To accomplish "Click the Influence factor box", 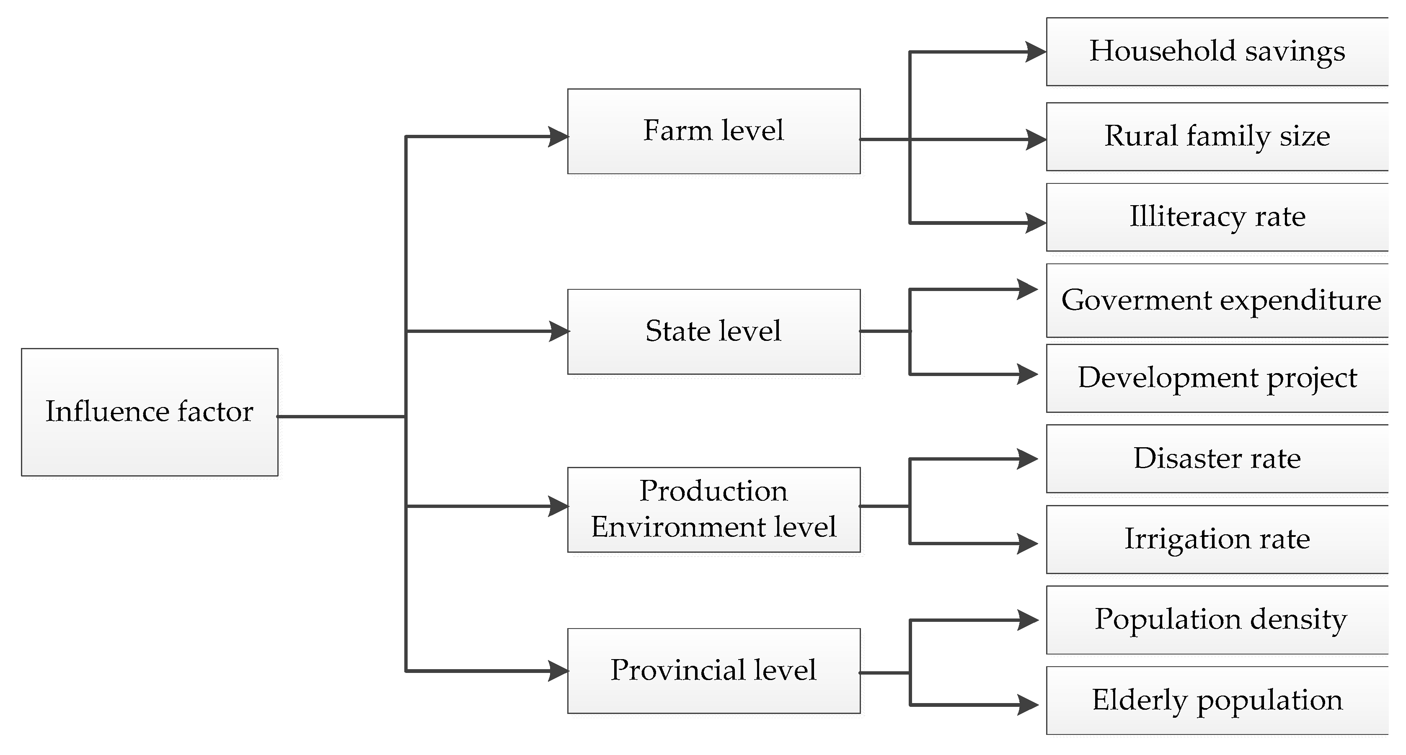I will pos(150,412).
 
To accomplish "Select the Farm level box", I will pos(713,131).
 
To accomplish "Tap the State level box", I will pos(713,332).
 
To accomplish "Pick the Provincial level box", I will pos(713,670).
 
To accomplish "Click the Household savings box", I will pos(1217,52).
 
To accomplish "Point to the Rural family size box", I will pos(1217,137).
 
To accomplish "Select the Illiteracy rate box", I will pos(1217,217).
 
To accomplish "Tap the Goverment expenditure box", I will pos(1217,301).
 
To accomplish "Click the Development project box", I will pos(1217,378).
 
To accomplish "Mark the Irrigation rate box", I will pos(1217,539).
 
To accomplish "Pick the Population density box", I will pos(1217,620).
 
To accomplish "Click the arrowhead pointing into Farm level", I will pos(558,137).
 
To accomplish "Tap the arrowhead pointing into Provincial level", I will pos(558,671).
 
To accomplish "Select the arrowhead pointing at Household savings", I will pos(1035,52).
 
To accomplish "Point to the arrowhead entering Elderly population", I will pos(1028,705).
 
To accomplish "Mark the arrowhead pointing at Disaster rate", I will pos(1028,459).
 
